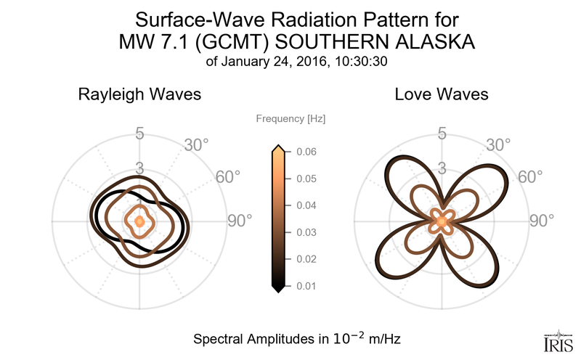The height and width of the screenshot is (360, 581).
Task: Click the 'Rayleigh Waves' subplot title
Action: click(140, 94)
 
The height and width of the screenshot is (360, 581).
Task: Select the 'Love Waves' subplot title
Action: click(441, 94)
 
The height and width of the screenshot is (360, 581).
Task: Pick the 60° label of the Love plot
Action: click(529, 177)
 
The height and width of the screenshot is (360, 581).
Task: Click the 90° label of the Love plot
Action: click(540, 220)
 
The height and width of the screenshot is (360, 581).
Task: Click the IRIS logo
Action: click(558, 338)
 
